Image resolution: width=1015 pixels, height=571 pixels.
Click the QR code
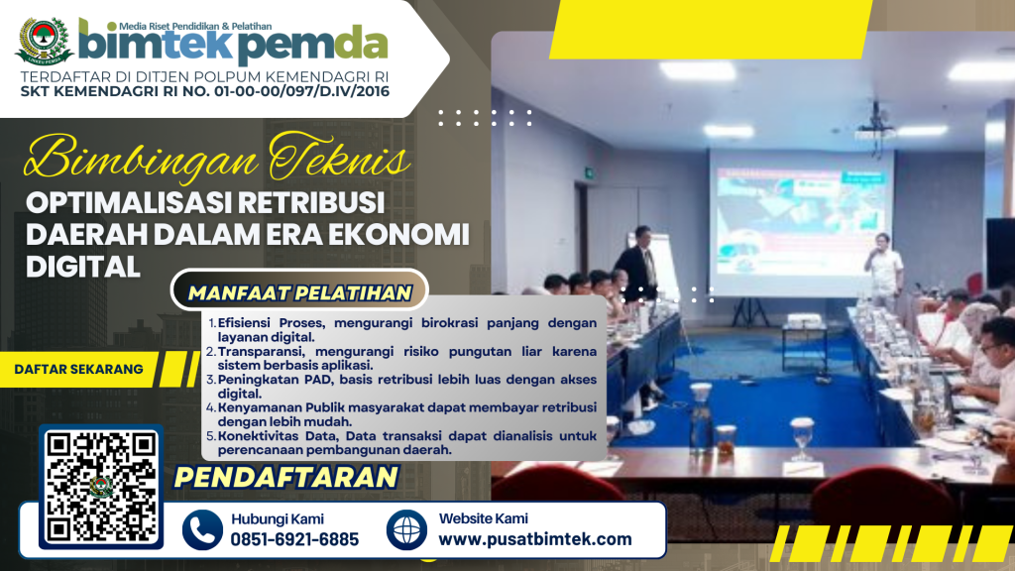point(101,487)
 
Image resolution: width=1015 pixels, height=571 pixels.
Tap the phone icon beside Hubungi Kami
point(202,529)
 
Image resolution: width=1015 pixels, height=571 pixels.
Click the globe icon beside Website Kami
point(406,529)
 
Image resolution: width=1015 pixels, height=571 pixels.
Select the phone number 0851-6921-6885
point(294,539)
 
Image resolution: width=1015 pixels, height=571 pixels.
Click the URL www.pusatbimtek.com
point(535,539)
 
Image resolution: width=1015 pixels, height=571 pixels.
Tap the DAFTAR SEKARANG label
point(78,369)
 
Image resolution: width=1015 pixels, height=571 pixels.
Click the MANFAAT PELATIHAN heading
point(299,293)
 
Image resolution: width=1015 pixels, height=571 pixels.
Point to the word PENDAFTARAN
point(286,478)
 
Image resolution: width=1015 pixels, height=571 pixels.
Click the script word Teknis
point(340,158)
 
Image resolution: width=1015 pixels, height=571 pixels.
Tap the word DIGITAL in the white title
point(83,266)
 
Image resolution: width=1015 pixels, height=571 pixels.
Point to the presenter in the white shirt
point(883,272)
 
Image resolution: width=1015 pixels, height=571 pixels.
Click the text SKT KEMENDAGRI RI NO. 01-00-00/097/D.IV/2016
point(205,91)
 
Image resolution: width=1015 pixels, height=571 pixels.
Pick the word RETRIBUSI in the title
point(310,202)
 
